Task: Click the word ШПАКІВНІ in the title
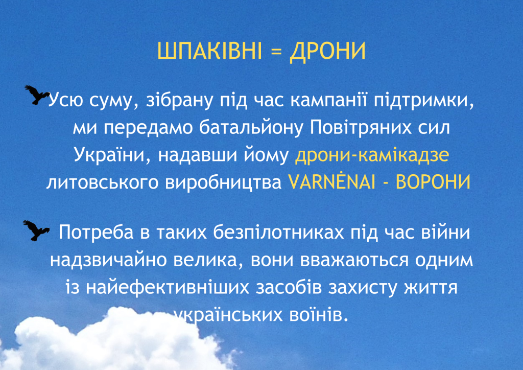[209, 51]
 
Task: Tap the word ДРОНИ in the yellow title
[327, 52]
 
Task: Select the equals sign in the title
[275, 52]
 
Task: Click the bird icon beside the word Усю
[37, 95]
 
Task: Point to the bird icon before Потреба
[36, 230]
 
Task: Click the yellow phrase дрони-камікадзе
[372, 155]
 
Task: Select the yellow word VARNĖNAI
[331, 182]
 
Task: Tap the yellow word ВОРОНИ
[433, 182]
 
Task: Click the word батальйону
[251, 128]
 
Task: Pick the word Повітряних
[361, 128]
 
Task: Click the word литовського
[102, 182]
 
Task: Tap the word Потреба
[96, 232]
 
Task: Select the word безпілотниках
[279, 232]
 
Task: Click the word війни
[445, 232]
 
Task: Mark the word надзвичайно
[108, 260]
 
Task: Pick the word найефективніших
[168, 288]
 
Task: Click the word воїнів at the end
[319, 314]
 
